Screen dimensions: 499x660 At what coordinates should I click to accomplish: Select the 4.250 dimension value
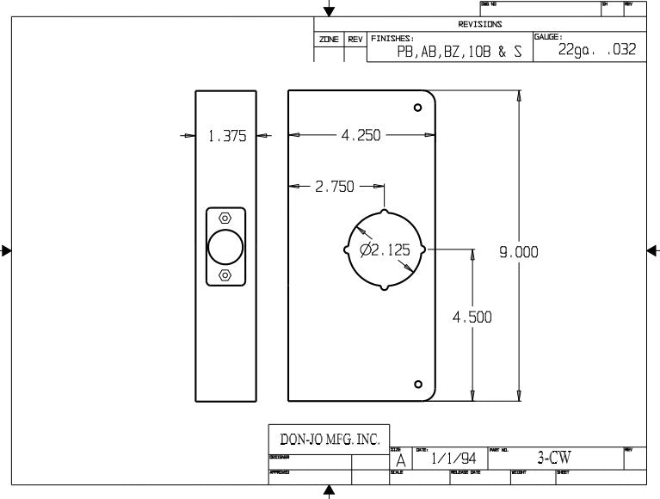[361, 135]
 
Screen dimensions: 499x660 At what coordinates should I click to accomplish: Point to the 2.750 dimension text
[335, 187]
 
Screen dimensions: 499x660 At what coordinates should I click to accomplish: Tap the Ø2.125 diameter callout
[385, 251]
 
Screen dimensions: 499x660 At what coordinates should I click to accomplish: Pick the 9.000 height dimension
[518, 251]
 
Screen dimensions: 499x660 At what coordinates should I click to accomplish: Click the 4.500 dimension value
[472, 317]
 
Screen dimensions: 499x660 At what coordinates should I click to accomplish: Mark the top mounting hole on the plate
[418, 108]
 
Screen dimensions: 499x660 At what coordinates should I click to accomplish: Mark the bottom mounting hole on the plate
[418, 384]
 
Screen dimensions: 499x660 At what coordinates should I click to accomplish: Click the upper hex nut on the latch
[225, 219]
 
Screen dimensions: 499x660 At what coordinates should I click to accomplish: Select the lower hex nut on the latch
[225, 274]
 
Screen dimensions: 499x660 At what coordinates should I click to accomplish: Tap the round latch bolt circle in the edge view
[225, 247]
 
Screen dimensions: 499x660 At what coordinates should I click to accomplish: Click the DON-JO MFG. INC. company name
[324, 439]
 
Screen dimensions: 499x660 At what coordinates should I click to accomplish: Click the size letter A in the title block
[400, 461]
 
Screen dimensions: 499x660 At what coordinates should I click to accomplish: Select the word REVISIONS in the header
[479, 24]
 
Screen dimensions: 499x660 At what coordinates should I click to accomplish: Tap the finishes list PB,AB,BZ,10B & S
[459, 52]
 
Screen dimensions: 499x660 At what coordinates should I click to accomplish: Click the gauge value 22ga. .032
[596, 50]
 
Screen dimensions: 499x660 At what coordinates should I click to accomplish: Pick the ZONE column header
[329, 40]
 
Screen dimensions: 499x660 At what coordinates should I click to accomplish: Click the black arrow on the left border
[6, 251]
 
